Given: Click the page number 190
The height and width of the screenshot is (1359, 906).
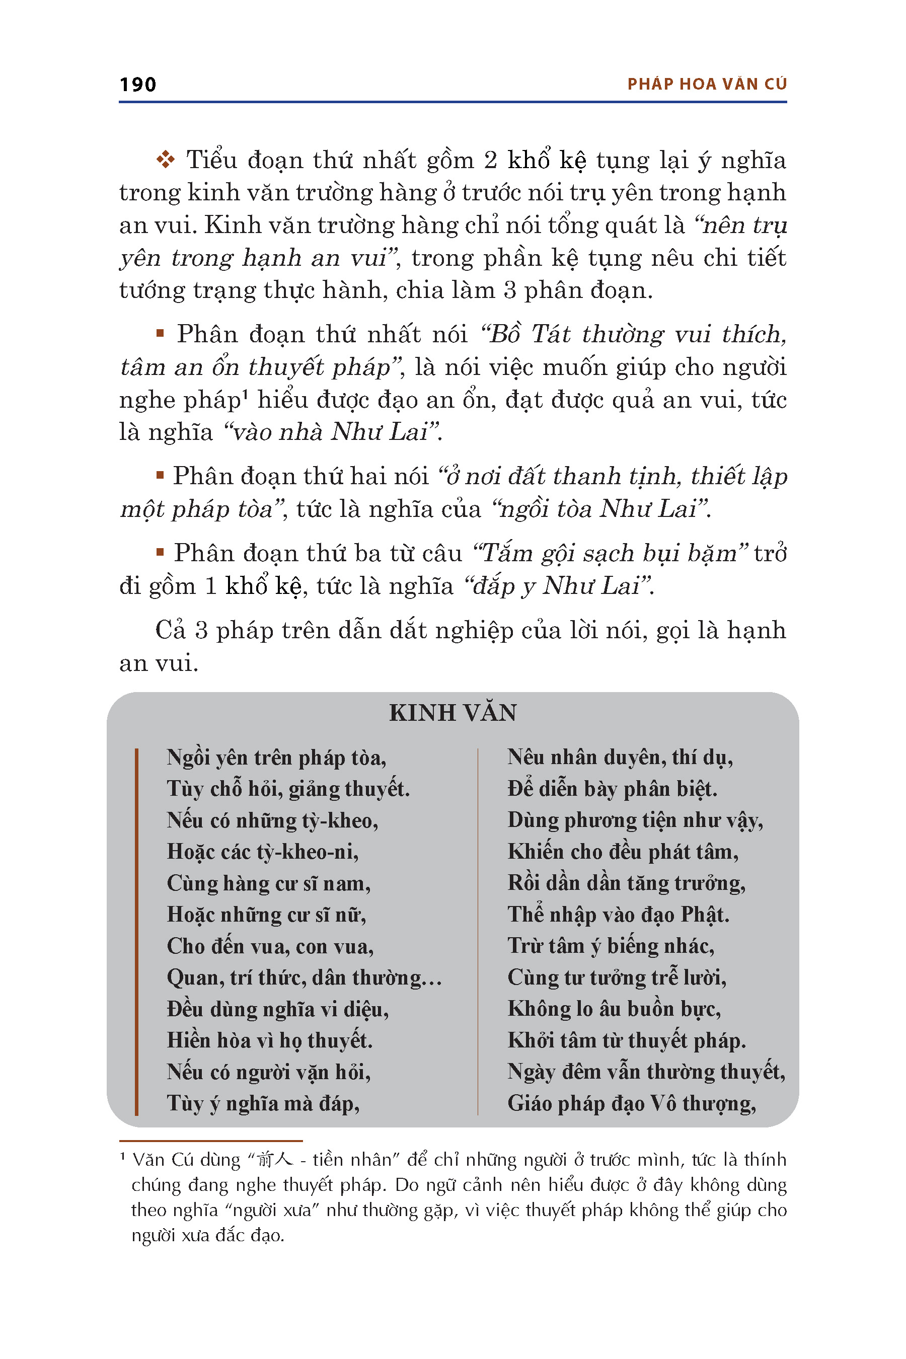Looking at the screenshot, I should coord(137,85).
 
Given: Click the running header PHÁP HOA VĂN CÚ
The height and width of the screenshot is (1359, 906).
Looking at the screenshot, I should coord(707,85).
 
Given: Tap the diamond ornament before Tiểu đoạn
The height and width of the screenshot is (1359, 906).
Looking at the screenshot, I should coord(165,160).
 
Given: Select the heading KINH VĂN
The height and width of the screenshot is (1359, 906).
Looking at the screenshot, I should coord(452,712).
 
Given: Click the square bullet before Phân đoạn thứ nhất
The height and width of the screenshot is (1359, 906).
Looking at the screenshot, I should coord(160,333).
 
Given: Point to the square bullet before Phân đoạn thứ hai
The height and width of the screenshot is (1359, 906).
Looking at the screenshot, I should coord(160,476).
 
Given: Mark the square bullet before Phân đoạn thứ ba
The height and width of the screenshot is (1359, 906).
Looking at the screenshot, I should coord(160,552).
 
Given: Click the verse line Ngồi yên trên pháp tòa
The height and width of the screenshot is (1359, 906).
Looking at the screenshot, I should coord(276,757).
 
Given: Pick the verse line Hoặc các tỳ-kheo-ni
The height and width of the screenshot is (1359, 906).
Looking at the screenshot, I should coord(262,852).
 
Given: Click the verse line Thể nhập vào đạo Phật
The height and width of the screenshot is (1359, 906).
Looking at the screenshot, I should coord(618,915).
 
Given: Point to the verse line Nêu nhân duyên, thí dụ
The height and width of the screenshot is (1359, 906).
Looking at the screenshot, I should coord(620,757).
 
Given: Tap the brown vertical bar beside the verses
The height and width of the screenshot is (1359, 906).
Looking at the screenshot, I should coord(136,930).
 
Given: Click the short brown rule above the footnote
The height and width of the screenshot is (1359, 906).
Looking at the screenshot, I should coord(211,1141).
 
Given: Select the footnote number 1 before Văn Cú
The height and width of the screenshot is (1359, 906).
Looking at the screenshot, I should coord(122,1156).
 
